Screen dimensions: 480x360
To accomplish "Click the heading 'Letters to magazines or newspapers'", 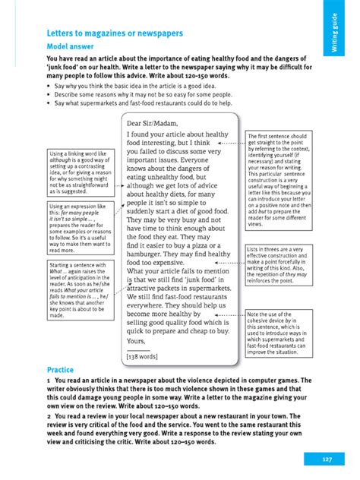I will click(112, 33).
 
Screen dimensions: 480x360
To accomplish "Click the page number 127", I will click(327, 459).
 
